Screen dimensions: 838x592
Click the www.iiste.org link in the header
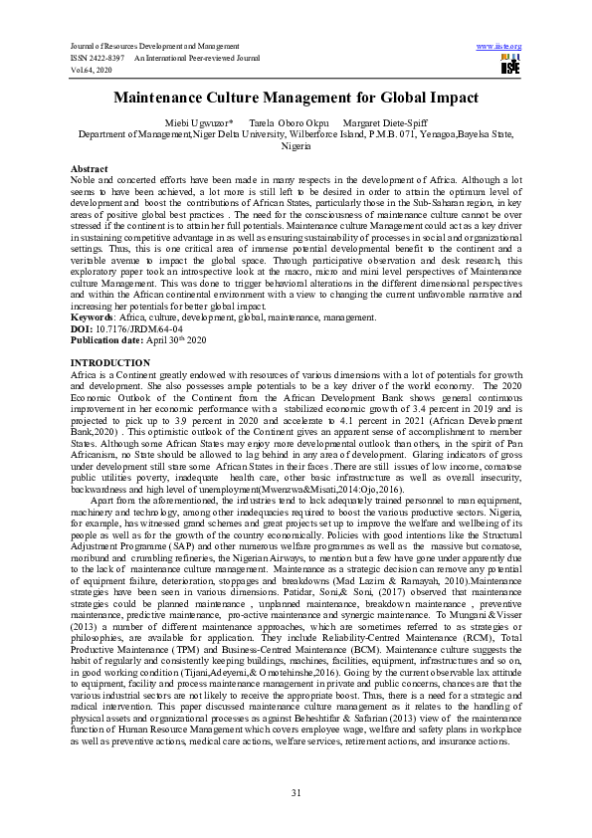tap(499, 47)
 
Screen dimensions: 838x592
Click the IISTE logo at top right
tap(510, 65)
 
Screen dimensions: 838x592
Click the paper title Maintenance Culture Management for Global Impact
tap(296, 98)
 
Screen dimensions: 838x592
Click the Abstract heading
tap(91, 169)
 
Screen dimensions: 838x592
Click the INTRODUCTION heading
tap(110, 361)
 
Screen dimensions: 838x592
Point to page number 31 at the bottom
tap(296, 792)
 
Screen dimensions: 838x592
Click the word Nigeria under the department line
tap(296, 145)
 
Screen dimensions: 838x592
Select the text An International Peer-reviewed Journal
tap(197, 59)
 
